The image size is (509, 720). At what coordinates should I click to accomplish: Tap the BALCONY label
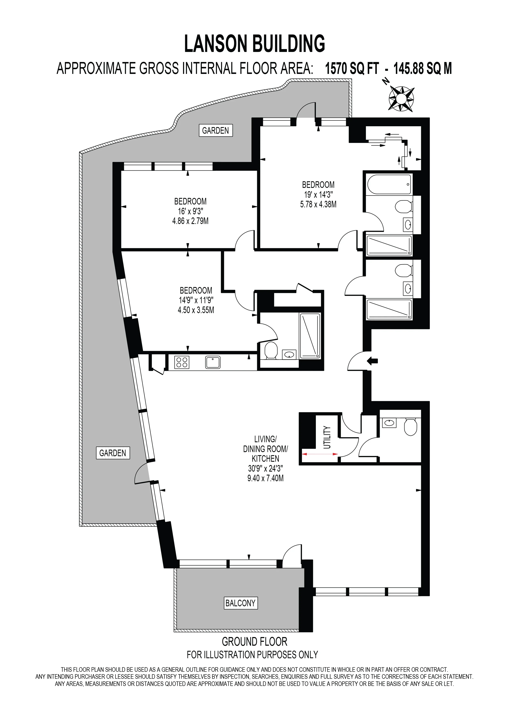pos(240,603)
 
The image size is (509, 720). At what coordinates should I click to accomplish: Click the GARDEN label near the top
pos(216,130)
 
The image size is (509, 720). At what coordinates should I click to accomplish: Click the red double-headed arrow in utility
pos(320,454)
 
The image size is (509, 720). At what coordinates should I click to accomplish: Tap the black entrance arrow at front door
pos(372,361)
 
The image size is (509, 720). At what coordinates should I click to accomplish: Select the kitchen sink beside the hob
pos(213,362)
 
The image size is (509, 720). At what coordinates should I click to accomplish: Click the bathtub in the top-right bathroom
pos(389,185)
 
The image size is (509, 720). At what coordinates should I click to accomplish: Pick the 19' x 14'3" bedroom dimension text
pos(318,194)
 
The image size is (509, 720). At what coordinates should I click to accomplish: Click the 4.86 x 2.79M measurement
pos(190,221)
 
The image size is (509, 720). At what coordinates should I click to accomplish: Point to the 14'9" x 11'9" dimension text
pos(196,300)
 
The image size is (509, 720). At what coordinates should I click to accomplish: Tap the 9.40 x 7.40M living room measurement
pos(265,478)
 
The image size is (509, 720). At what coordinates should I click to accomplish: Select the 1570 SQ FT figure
pos(352,68)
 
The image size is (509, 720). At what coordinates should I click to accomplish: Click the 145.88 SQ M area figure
pos(423,68)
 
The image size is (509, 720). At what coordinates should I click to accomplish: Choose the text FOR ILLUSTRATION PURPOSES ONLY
pos(252,655)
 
